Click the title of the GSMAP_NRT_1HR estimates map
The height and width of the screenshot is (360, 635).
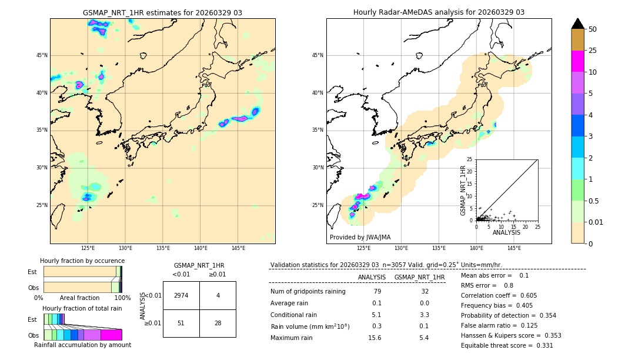point(162,12)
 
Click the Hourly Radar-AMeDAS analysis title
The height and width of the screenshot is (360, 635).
point(439,12)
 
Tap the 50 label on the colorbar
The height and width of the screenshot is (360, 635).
point(593,29)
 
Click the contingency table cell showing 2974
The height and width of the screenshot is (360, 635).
point(181,295)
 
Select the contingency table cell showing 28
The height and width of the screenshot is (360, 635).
point(218,324)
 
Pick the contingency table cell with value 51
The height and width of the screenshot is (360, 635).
point(181,324)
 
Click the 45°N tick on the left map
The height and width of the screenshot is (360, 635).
point(42,55)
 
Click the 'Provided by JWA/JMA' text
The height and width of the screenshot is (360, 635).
point(360,237)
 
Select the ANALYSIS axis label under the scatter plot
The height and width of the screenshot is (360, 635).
point(506,232)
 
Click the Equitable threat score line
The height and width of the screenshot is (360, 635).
point(507,345)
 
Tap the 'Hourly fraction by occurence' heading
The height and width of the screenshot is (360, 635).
point(82,261)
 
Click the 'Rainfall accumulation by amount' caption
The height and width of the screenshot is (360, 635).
point(82,345)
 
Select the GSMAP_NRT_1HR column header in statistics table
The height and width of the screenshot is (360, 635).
point(419,277)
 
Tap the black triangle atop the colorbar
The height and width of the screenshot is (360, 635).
point(578,24)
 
